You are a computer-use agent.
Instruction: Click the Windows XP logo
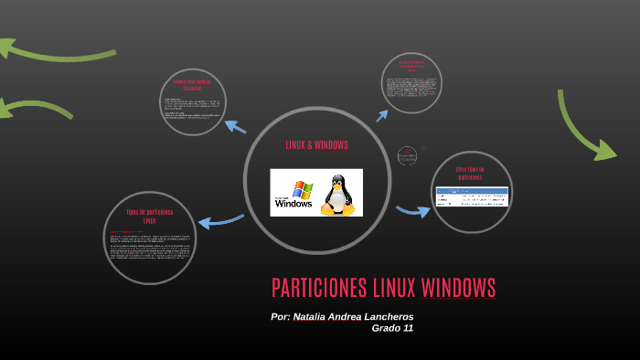pos(293,194)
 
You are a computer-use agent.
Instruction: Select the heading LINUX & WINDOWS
pos(316,145)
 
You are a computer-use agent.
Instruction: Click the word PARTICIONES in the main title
pos(319,288)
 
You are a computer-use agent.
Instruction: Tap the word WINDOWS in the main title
pos(458,288)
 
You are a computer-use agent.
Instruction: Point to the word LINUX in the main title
pos(394,288)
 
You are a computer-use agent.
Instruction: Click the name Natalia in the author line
pos(313,316)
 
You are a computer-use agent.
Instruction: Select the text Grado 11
pos(392,328)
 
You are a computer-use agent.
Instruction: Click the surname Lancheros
pos(389,316)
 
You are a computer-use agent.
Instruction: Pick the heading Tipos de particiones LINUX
pos(149,217)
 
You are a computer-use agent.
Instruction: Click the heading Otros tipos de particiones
pos(471,173)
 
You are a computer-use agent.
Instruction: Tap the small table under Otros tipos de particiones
pos(472,196)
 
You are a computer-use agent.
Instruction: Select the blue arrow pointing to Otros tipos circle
pos(412,211)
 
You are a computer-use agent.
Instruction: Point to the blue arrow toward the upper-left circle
pos(235,127)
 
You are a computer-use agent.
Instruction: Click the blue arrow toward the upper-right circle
pos(382,115)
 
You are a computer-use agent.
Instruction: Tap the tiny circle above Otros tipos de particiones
pos(407,156)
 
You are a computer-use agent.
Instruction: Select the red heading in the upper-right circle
pos(411,66)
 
